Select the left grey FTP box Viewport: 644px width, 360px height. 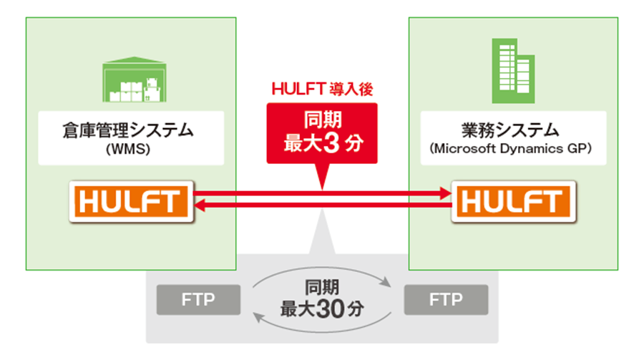pos(198,299)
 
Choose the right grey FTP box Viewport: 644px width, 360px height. pos(446,299)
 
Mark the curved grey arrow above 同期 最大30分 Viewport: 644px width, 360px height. pos(322,271)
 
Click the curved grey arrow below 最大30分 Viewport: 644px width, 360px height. pos(322,327)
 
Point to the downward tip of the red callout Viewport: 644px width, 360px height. pos(322,187)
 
